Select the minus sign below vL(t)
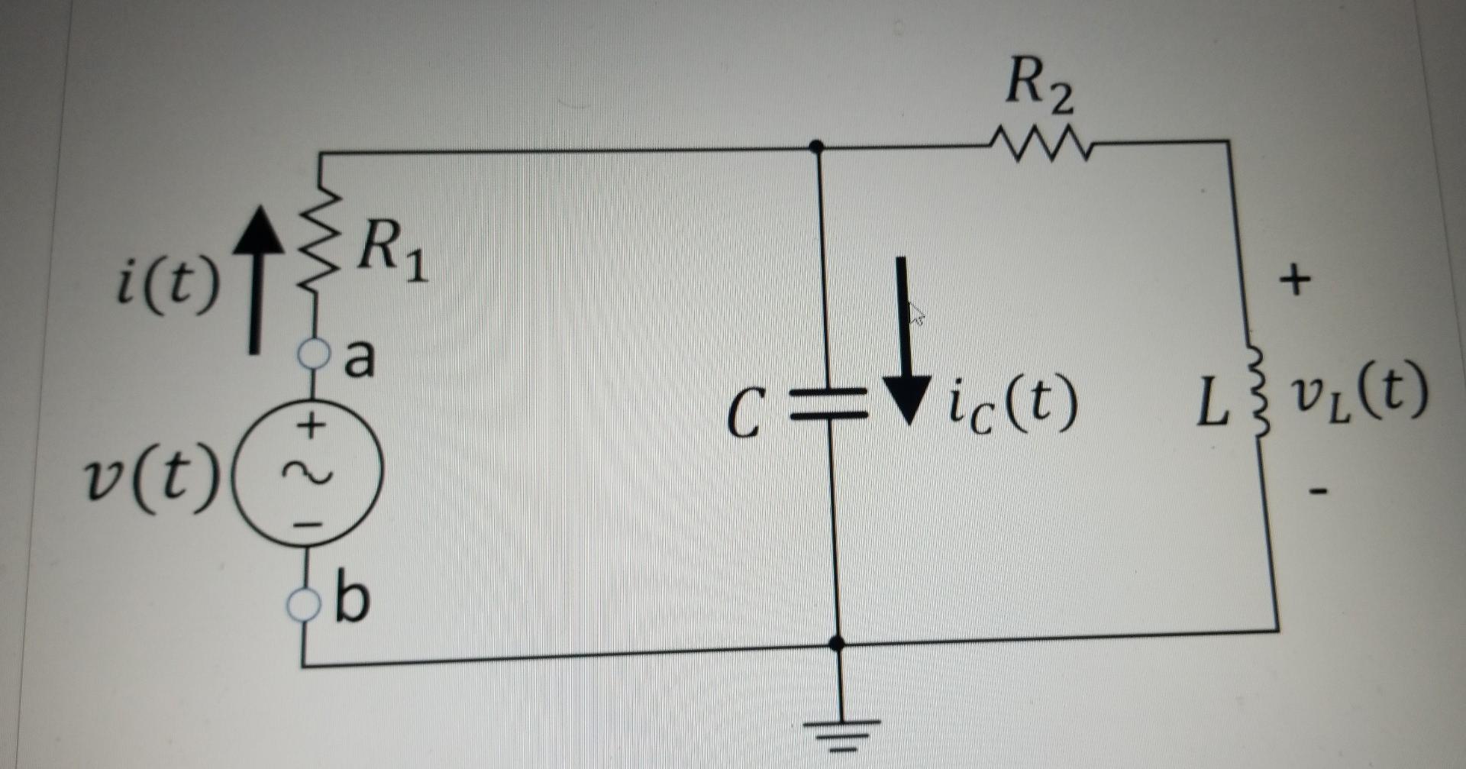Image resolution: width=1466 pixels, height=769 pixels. pyautogui.click(x=1316, y=490)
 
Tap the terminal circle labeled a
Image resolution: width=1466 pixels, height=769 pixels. pyautogui.click(x=312, y=354)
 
